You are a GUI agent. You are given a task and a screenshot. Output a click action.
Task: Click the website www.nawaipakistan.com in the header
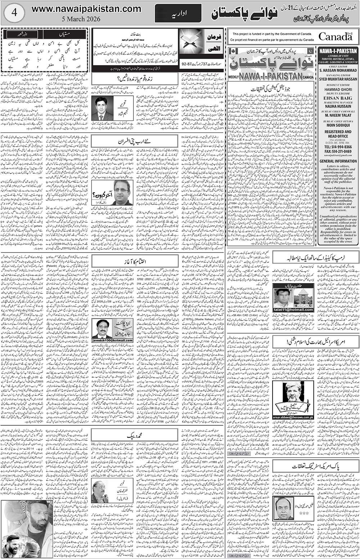pyautogui.click(x=86, y=9)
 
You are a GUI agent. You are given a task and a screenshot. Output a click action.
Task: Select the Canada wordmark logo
pyautogui.click(x=335, y=37)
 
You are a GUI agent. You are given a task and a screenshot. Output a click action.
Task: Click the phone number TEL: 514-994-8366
pyautogui.click(x=338, y=147)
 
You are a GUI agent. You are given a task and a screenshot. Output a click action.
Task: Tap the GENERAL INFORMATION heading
pyautogui.click(x=338, y=161)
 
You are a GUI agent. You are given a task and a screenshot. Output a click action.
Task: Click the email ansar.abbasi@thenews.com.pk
pyautogui.click(x=292, y=417)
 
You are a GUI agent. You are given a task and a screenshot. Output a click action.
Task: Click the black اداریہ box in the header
pyautogui.click(x=178, y=15)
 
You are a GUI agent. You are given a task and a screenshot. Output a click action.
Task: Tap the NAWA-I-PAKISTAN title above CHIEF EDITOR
pyautogui.click(x=338, y=51)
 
